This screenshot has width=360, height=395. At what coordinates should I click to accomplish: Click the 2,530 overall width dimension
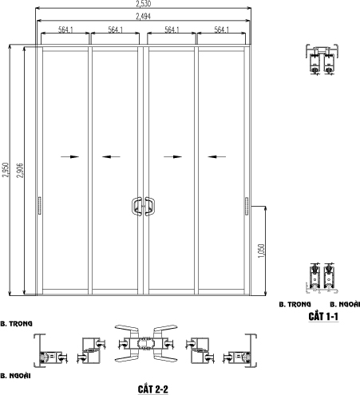click(144, 4)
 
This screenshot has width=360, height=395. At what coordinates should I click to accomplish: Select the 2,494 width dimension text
click(144, 17)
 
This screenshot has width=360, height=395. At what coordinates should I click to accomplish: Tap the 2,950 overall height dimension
click(6, 170)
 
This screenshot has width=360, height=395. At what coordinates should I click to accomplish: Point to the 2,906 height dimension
click(20, 171)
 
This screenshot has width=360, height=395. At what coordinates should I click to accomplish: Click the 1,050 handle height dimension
click(262, 251)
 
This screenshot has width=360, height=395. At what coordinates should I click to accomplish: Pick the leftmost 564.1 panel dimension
click(65, 30)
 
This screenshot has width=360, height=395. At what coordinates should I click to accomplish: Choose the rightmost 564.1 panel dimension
click(222, 30)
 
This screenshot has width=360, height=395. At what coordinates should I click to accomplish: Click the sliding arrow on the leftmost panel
click(70, 156)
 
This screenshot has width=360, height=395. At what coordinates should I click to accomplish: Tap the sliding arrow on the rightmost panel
click(217, 156)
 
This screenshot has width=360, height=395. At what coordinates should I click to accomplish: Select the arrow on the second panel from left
click(111, 156)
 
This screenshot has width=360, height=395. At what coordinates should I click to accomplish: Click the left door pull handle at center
click(136, 206)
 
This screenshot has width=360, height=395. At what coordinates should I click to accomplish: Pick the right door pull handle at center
click(150, 206)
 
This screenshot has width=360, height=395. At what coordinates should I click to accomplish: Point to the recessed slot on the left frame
click(40, 206)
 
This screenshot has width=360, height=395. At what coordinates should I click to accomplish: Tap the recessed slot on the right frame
click(247, 206)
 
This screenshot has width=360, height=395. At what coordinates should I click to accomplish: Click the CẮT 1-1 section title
click(323, 317)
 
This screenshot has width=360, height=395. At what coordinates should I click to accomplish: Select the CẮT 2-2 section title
click(153, 389)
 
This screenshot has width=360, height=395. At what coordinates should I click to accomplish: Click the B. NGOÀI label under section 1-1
click(345, 304)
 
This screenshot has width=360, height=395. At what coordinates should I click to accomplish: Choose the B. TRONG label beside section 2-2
click(16, 324)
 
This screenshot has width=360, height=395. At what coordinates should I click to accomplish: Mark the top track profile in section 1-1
click(322, 60)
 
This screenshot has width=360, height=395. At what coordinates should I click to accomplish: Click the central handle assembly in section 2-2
click(146, 344)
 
